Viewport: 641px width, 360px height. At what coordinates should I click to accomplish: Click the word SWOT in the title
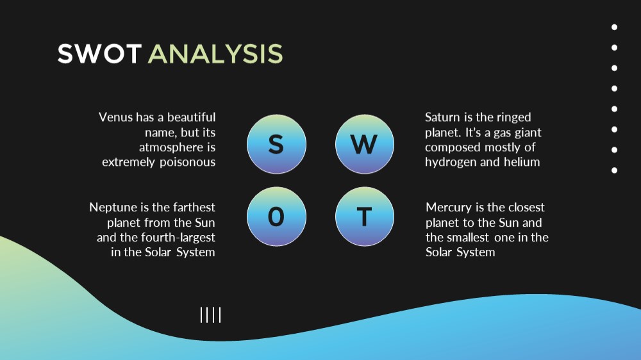[99, 54]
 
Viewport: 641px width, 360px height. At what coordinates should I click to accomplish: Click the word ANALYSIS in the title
[215, 54]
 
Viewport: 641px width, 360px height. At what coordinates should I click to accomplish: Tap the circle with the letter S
[276, 144]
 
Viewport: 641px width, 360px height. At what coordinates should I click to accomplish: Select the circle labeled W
[365, 144]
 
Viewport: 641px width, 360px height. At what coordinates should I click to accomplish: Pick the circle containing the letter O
[276, 217]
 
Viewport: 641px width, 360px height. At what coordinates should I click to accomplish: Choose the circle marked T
[365, 217]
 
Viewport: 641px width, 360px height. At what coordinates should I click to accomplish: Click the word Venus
[115, 117]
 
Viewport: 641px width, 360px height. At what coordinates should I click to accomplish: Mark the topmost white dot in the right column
[615, 28]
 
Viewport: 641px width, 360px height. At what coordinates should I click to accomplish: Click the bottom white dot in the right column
[615, 170]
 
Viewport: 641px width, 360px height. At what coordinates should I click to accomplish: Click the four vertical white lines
[210, 315]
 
